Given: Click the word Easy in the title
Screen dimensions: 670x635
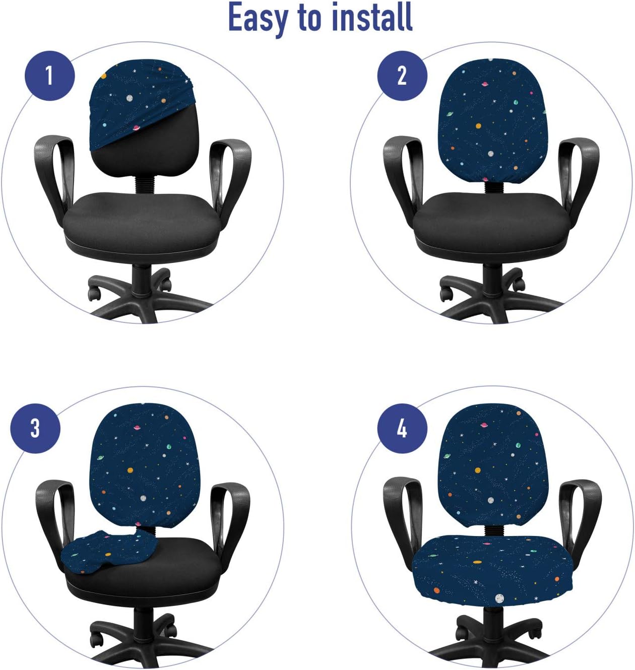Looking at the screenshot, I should tap(259, 19).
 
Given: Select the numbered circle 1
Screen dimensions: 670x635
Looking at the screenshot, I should tap(49, 76).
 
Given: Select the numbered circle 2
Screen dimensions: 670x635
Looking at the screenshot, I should tap(402, 76).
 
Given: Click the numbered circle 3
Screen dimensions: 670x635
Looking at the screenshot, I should tap(35, 428).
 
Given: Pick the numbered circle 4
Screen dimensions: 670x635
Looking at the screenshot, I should tap(402, 428).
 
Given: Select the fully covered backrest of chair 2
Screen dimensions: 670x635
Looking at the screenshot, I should tap(491, 121).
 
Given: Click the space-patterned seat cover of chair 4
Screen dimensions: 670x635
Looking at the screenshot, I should tap(491, 567).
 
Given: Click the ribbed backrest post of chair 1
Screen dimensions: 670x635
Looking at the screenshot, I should tap(144, 184).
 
